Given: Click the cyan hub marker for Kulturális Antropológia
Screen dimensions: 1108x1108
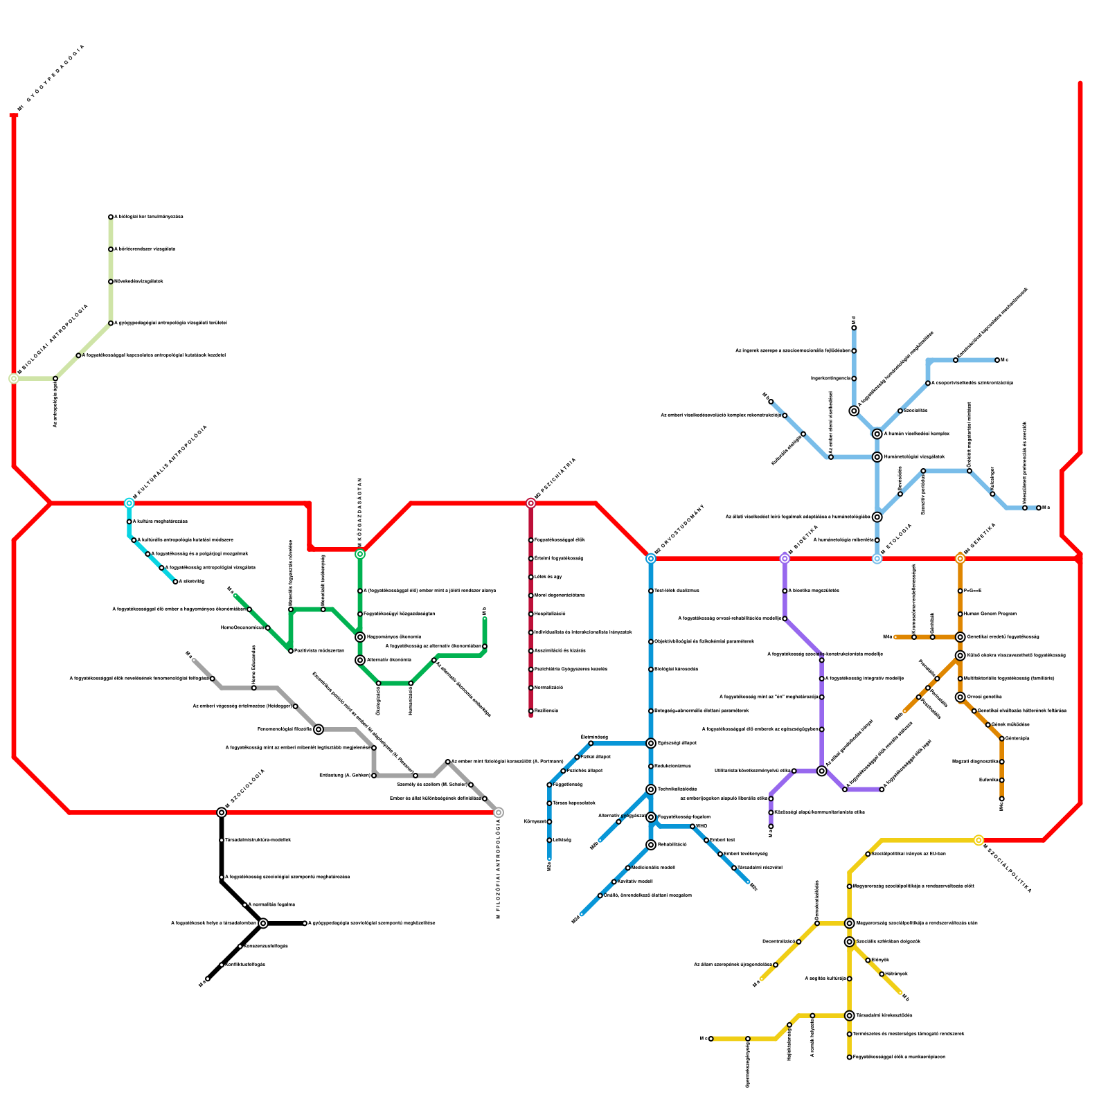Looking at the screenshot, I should click(x=129, y=503).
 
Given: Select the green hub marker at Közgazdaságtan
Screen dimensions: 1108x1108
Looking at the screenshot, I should click(x=360, y=554).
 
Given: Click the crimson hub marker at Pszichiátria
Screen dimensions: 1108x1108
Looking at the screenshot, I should click(x=531, y=503).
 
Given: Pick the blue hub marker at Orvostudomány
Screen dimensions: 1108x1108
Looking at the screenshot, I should click(x=651, y=559).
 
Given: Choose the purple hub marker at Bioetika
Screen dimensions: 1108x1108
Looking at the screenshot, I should click(x=785, y=559).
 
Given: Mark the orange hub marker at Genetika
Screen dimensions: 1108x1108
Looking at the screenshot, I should click(x=960, y=559).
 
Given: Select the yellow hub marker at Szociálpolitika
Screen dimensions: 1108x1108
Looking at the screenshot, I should click(x=979, y=841).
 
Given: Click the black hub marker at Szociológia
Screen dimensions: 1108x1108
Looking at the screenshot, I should click(x=222, y=812).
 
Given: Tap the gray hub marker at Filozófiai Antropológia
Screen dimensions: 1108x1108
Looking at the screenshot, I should click(x=499, y=812).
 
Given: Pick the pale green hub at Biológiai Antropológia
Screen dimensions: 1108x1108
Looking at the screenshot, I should click(x=14, y=379).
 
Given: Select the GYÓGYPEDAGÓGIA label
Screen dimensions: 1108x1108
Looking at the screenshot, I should click(x=53, y=76).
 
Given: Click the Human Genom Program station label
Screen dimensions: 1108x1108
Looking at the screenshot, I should click(x=990, y=614).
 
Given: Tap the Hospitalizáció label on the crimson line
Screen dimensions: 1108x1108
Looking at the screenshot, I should click(x=551, y=614).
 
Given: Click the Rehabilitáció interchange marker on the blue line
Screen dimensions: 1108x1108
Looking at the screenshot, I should click(x=651, y=845).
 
